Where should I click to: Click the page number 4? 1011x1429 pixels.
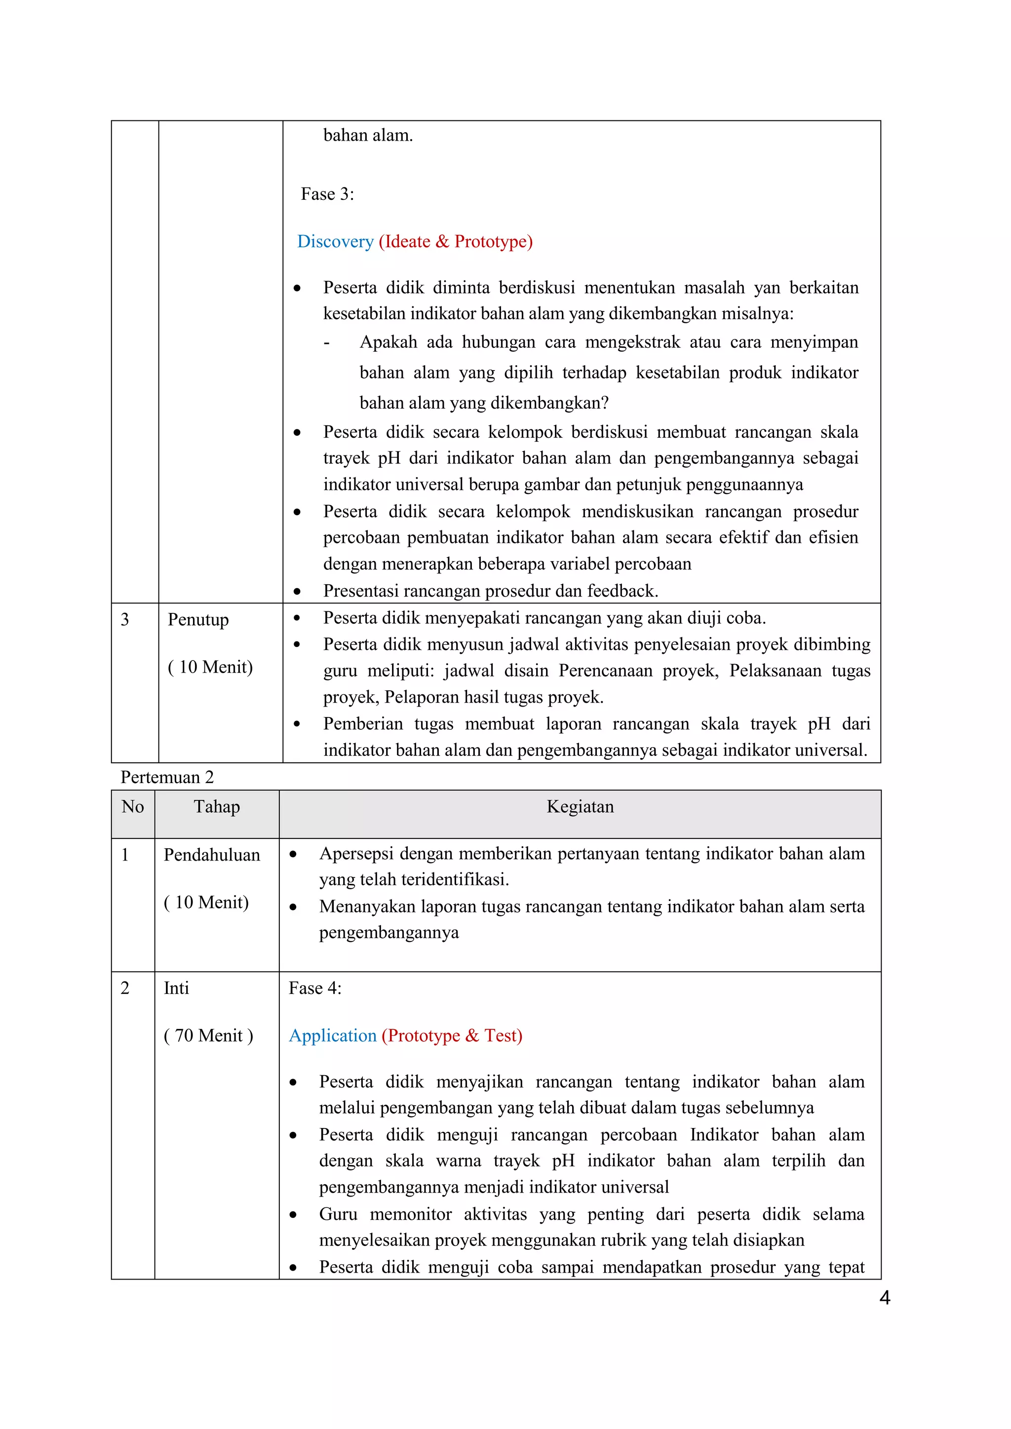point(885,1298)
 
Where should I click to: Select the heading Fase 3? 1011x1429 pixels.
point(327,194)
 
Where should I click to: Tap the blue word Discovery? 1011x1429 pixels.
point(335,241)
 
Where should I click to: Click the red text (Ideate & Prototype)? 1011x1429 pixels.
point(456,241)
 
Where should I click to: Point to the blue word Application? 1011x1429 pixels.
point(332,1036)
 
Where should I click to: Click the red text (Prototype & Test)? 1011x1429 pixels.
point(452,1036)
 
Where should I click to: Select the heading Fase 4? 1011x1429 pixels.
point(315,988)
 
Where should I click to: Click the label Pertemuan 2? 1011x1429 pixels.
point(167,777)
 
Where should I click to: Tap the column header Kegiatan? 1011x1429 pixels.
point(580,807)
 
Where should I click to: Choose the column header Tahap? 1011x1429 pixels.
point(217,807)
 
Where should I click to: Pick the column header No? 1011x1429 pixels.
point(133,807)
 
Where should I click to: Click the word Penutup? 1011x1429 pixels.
point(198,620)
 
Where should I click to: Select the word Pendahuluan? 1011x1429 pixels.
point(212,855)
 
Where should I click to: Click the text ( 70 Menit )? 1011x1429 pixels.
point(208,1036)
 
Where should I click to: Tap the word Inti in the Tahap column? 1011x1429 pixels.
point(176,988)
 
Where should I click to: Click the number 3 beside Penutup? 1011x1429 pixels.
point(124,619)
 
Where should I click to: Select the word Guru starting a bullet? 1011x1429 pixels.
point(338,1214)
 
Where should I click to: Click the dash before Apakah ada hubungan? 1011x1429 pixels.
point(327,343)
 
